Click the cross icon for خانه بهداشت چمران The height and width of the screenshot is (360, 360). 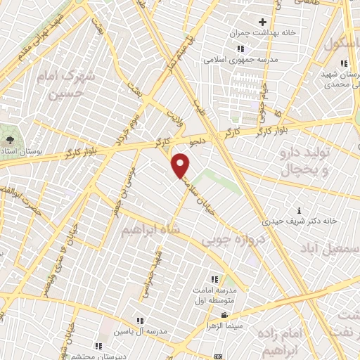coord(262,22)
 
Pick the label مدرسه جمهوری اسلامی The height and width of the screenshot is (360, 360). coord(239,60)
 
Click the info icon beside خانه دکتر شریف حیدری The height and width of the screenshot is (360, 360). coord(300,210)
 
